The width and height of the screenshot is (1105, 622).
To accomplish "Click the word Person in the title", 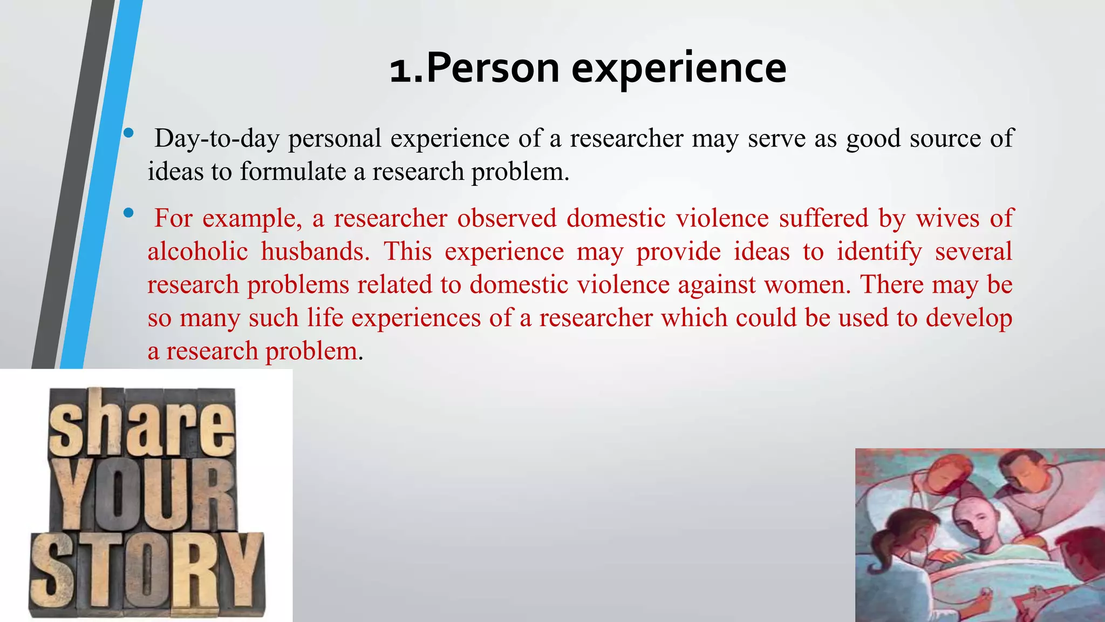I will (x=492, y=69).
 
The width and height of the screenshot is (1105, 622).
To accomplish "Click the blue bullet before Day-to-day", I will (x=128, y=133).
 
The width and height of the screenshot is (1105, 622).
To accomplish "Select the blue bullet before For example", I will (x=128, y=213).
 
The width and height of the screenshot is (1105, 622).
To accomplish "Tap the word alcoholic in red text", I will (x=197, y=252).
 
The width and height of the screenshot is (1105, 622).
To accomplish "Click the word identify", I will (x=879, y=252).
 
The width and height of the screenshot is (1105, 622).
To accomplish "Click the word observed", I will (x=507, y=218).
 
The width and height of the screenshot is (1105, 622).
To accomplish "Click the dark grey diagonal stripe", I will (x=76, y=184).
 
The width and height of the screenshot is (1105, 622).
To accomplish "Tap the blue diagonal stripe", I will (x=103, y=184).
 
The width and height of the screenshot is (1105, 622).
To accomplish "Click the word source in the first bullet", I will (x=945, y=138).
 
